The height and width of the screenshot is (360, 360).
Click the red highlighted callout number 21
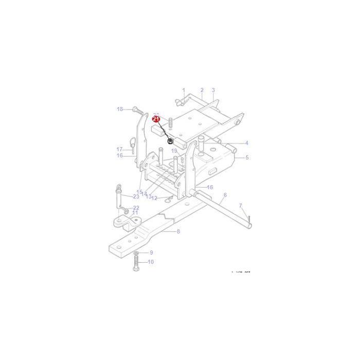coord(156,119)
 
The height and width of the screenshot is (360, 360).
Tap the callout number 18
coord(120,109)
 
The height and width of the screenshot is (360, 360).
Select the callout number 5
coord(247,157)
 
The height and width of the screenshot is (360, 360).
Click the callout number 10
coord(151,262)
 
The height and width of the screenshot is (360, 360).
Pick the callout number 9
coord(151,253)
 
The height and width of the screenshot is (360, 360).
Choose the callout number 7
coord(240,206)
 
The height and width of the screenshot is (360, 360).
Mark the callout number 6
coord(225,195)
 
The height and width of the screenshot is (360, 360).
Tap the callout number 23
coord(136,196)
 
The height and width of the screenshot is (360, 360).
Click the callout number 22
coord(136,208)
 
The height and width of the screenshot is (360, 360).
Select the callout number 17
coord(120,149)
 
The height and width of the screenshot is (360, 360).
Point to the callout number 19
coord(174,151)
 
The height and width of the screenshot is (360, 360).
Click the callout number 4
coord(246,143)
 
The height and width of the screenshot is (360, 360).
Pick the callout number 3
coord(213,90)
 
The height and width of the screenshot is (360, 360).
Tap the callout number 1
coord(183,90)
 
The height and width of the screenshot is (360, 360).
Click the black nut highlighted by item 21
coord(170,141)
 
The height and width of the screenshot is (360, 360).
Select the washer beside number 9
coord(135,253)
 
